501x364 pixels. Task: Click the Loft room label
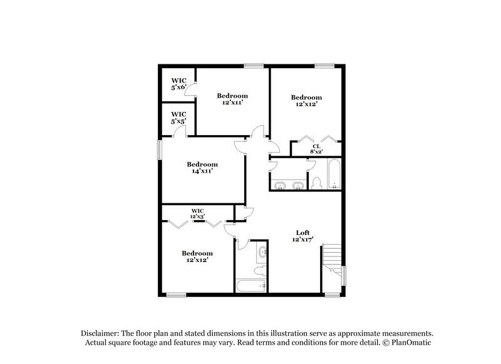[x=303, y=236]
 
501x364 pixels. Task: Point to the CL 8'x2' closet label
[x=316, y=149]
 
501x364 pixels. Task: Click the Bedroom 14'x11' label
[x=202, y=168]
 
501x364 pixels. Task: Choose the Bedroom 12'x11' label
[x=232, y=99]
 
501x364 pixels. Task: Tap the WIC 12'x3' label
[x=198, y=213]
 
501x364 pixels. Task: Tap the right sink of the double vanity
[x=297, y=185]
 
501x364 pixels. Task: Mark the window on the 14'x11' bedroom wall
[x=159, y=149]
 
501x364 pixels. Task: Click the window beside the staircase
[x=344, y=275]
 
